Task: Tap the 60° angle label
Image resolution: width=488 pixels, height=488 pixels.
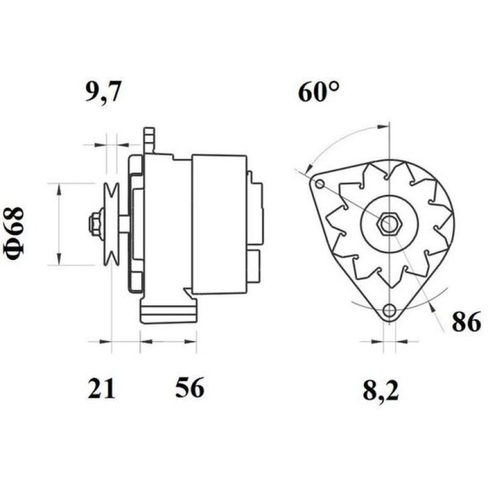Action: coord(318,92)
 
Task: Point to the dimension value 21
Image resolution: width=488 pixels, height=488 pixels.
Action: coord(101,389)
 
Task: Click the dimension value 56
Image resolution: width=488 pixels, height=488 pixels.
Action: coord(189,389)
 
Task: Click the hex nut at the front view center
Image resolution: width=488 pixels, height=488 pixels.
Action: coord(386,224)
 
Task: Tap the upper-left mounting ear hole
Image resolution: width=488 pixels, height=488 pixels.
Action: coord(318,184)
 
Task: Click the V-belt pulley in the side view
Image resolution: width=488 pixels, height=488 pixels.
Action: coord(111,224)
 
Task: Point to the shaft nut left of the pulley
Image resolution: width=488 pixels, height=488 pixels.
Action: coord(95,224)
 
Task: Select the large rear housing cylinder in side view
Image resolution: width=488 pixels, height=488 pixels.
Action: coord(219,224)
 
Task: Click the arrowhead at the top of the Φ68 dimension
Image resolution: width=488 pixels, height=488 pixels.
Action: coord(59,188)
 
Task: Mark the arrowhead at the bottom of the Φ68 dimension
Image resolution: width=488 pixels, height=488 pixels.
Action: coord(59,260)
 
